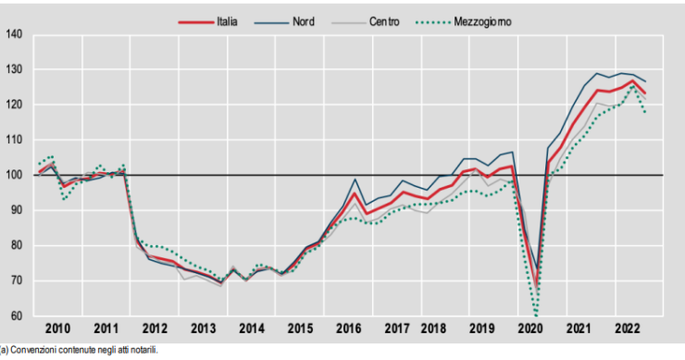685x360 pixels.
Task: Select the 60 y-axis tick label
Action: [17, 316]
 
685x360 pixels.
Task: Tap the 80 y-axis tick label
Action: [17, 245]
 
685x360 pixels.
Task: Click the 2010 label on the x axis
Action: [57, 329]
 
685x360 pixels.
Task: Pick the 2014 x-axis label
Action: [252, 329]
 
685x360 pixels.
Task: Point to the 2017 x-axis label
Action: [395, 329]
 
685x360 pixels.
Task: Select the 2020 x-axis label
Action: [532, 329]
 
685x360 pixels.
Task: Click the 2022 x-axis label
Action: [627, 329]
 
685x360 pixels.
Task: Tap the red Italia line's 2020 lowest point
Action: [536, 286]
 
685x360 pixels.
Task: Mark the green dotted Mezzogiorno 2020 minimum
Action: [536, 315]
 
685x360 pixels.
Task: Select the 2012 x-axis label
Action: [154, 329]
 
